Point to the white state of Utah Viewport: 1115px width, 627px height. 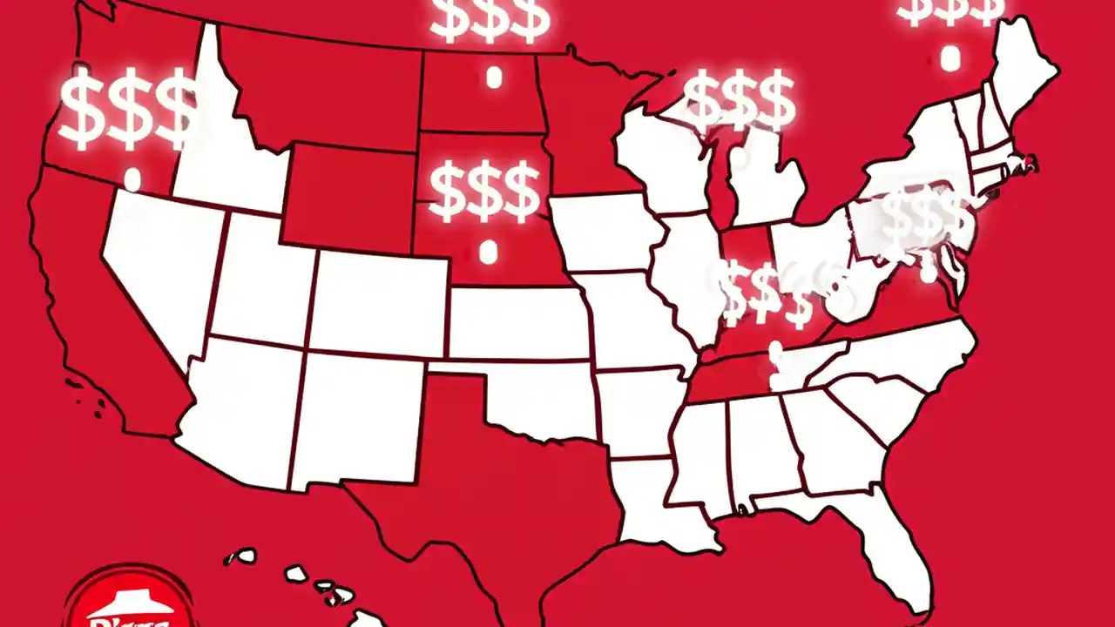click(x=261, y=279)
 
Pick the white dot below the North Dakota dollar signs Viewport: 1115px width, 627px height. click(x=494, y=78)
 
